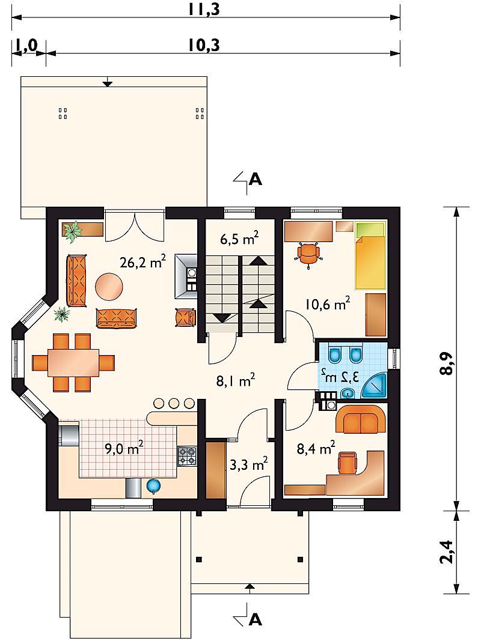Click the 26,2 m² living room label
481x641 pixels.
pyautogui.click(x=142, y=262)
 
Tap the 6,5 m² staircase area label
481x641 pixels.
pyautogui.click(x=239, y=238)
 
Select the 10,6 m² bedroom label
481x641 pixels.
pyautogui.click(x=328, y=304)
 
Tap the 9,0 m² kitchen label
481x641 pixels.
pyautogui.click(x=123, y=448)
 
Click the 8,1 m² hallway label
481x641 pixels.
pyautogui.click(x=236, y=380)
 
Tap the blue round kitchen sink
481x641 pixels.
pyautogui.click(x=153, y=485)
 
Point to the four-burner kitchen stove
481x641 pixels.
pyautogui.click(x=187, y=456)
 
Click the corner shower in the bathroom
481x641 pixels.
pyautogui.click(x=374, y=386)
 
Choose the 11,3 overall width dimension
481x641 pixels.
pyautogui.click(x=204, y=9)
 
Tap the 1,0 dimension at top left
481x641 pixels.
pyautogui.click(x=26, y=46)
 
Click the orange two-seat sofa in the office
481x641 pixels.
pyautogui.click(x=361, y=419)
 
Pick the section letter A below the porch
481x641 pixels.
pyautogui.click(x=255, y=620)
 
